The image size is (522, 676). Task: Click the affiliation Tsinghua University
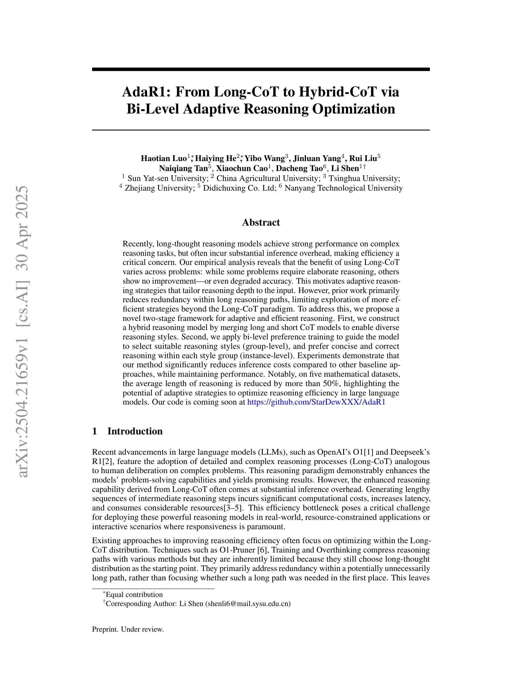click(364, 178)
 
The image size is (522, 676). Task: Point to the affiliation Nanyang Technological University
click(343, 188)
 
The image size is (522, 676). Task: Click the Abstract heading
click(261, 222)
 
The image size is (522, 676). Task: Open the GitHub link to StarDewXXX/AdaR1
click(316, 402)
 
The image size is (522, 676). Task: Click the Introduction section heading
click(135, 431)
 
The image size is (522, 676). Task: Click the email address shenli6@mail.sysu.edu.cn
click(248, 603)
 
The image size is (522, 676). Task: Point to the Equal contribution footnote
click(134, 595)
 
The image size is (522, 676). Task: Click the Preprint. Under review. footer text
click(128, 629)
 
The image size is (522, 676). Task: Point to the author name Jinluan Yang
click(317, 158)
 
